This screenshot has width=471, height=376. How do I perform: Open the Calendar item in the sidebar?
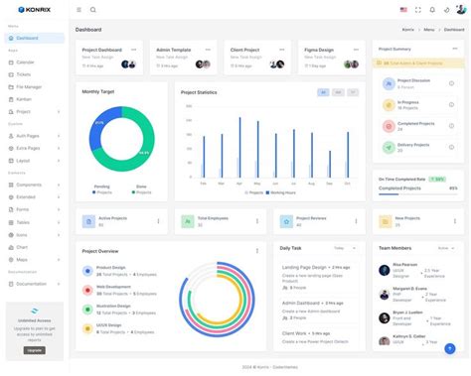click(25, 62)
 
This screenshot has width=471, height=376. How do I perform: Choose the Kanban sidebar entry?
click(24, 99)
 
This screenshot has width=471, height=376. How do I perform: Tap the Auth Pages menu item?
click(29, 135)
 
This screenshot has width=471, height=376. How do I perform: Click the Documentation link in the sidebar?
click(31, 283)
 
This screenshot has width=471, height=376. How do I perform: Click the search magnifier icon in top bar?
click(93, 10)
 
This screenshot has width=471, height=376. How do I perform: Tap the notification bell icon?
click(432, 10)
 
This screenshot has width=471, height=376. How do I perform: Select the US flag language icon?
click(404, 10)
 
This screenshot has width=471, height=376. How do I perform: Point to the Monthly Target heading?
click(98, 91)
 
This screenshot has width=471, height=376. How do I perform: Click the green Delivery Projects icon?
click(388, 146)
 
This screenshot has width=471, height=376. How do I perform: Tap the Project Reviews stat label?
click(312, 217)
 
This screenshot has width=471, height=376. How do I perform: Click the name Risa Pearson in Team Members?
click(404, 265)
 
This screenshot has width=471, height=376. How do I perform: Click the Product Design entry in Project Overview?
click(110, 267)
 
